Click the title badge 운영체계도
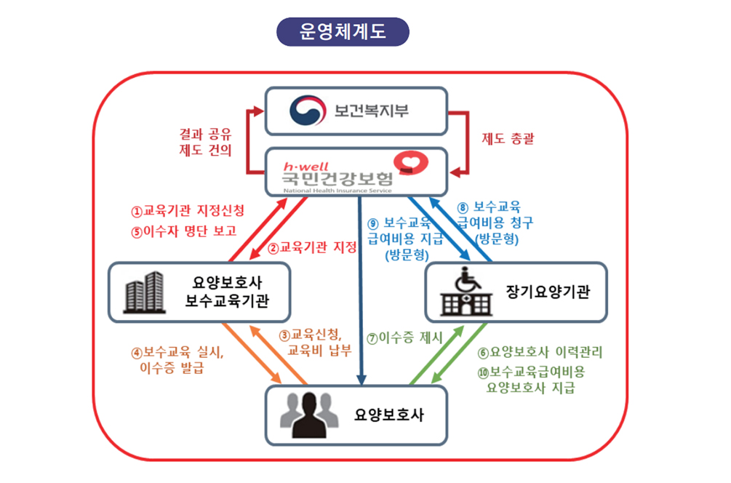pyautogui.click(x=343, y=32)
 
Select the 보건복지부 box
pyautogui.click(x=355, y=111)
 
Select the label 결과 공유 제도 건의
pyautogui.click(x=205, y=143)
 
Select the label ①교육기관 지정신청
pyautogui.click(x=188, y=211)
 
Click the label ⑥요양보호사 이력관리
pyautogui.click(x=540, y=352)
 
